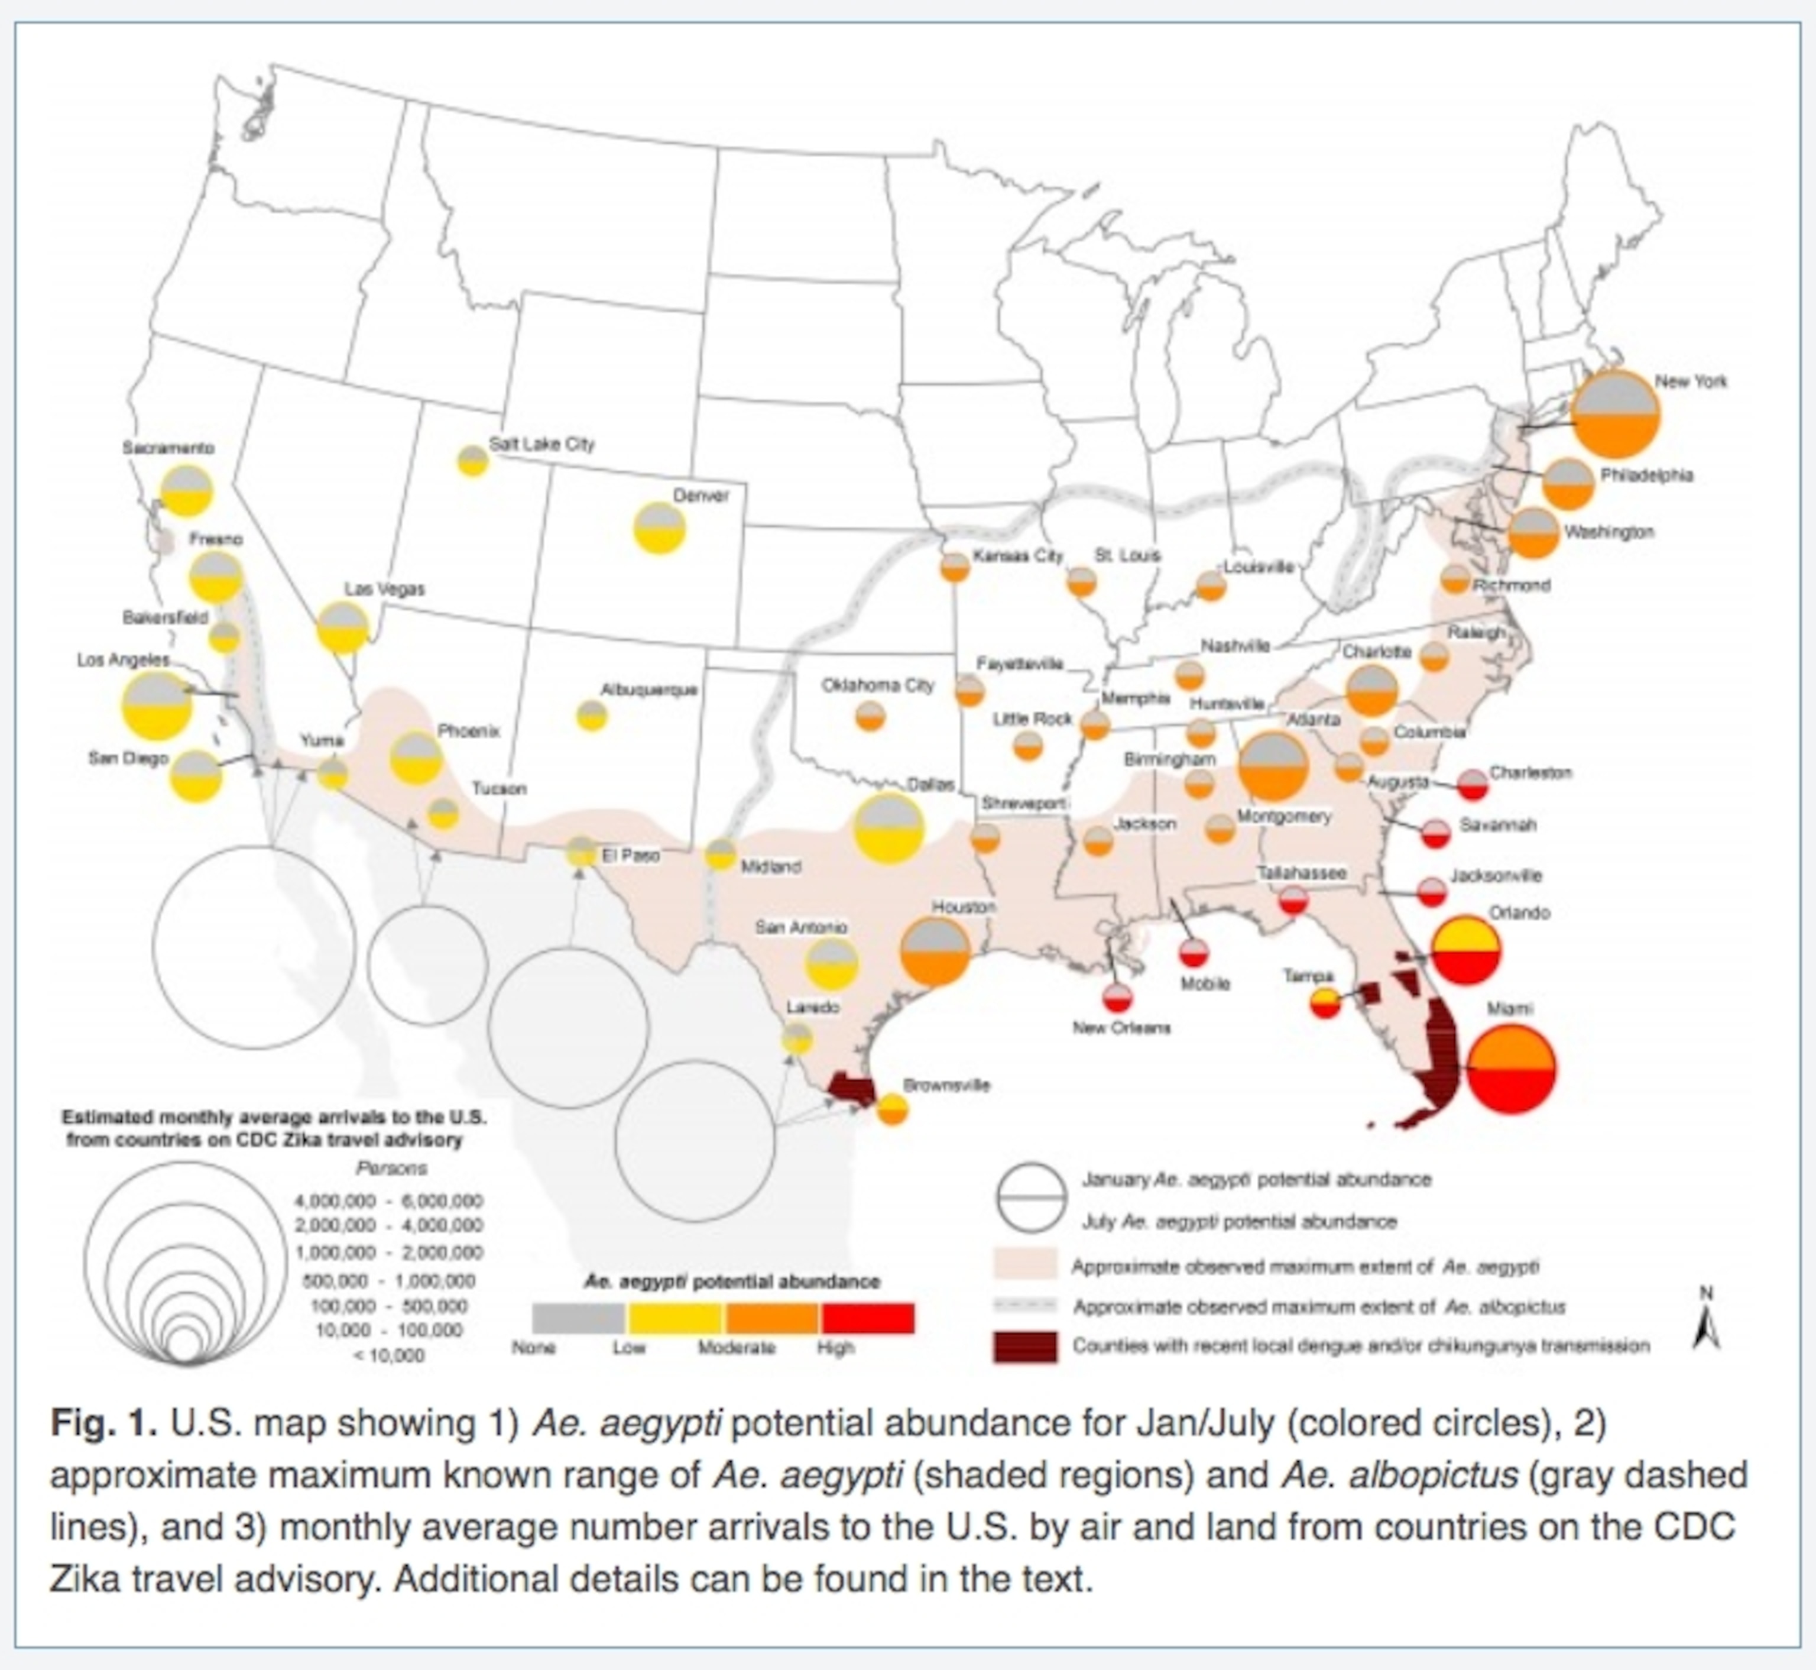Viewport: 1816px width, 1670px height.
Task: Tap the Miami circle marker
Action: point(1510,1069)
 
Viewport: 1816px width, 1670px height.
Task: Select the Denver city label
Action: point(700,495)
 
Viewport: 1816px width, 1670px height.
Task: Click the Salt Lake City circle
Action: point(472,461)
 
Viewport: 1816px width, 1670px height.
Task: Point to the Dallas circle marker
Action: point(889,828)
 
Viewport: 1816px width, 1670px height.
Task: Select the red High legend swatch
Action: point(867,1318)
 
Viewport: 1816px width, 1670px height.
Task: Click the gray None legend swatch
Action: point(578,1318)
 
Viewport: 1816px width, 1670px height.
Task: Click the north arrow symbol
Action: point(1705,1324)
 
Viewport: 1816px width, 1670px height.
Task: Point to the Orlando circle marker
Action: point(1467,950)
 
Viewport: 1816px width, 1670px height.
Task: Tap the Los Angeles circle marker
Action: point(157,705)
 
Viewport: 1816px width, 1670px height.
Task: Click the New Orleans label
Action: point(1121,1027)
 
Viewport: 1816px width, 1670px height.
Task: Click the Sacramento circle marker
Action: point(186,491)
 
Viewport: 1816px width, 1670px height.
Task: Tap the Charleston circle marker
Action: point(1473,784)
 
